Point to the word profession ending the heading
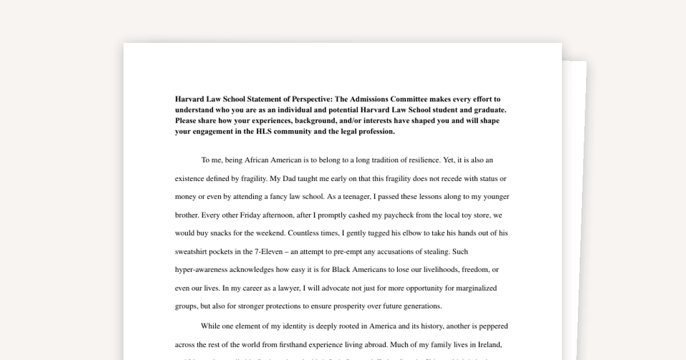click(x=374, y=131)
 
